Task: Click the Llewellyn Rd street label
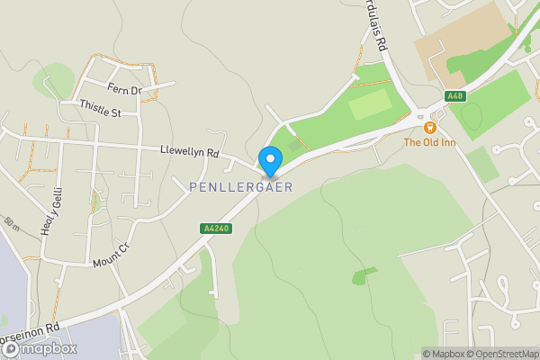(x=189, y=152)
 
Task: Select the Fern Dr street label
(x=125, y=90)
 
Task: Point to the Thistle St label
(x=99, y=112)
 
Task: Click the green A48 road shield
(x=454, y=96)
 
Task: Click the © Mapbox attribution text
(x=441, y=354)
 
